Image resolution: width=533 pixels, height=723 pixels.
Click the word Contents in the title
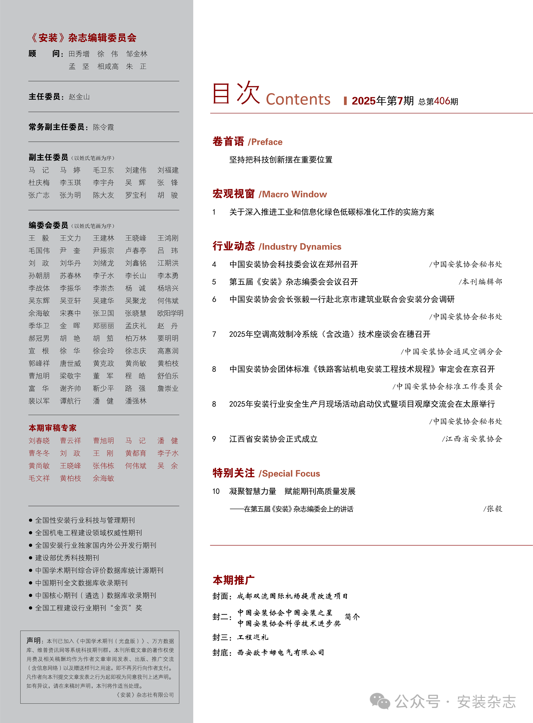point(298,99)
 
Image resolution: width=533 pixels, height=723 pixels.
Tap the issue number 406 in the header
point(442,101)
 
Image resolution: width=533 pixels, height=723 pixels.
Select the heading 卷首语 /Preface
point(247,142)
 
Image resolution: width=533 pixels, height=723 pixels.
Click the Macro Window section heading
point(269,194)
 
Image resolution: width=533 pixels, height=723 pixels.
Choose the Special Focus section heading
point(266,473)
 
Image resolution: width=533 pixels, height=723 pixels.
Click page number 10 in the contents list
point(216,491)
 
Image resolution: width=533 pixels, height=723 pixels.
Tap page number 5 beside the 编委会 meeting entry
point(214,282)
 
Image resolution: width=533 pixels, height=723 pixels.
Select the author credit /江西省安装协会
point(472,439)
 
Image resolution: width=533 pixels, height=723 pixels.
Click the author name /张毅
point(493,509)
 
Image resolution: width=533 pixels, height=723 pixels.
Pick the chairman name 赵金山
point(79,97)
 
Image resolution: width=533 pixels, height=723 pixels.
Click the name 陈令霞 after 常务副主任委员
point(103,127)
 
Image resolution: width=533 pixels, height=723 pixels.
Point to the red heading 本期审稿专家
point(53,428)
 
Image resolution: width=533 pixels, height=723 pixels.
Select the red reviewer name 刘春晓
point(39,441)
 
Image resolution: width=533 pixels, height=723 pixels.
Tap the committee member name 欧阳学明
point(170,313)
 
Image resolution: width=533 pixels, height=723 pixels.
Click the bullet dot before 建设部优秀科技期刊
point(31,558)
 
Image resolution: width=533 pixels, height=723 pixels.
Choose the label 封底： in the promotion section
point(222,653)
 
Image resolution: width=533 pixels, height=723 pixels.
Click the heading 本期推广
point(234,580)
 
